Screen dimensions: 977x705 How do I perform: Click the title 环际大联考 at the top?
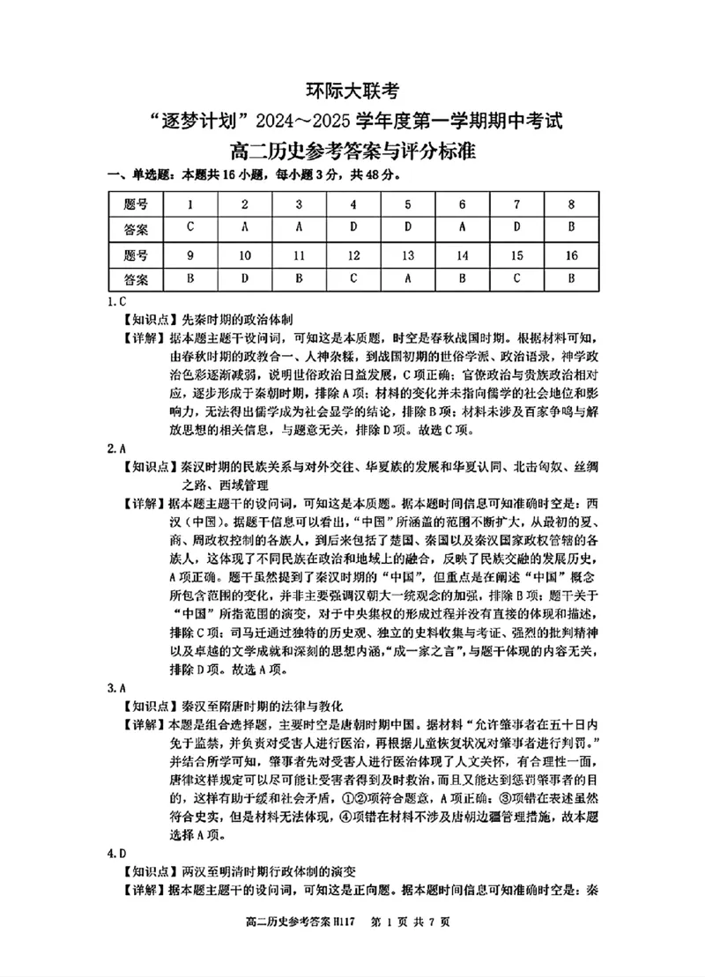point(352,89)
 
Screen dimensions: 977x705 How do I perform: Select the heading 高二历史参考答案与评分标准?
point(352,152)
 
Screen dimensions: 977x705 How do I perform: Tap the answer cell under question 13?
point(408,280)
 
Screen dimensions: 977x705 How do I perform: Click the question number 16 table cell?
point(572,255)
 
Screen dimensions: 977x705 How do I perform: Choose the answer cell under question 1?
point(190,228)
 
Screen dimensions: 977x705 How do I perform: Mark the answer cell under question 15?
point(517,280)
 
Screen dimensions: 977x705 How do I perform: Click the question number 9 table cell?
point(190,255)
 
